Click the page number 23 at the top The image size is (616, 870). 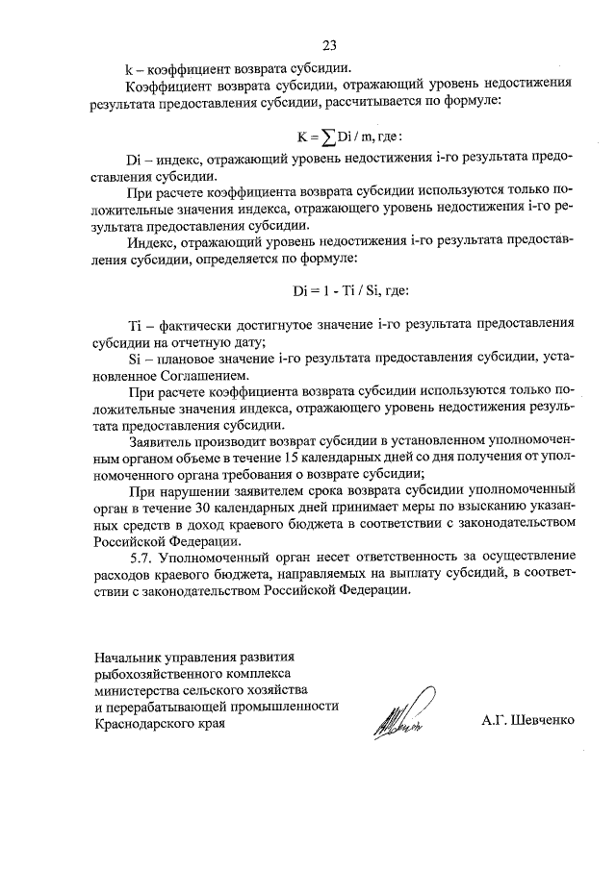point(329,45)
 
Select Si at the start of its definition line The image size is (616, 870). point(134,358)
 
